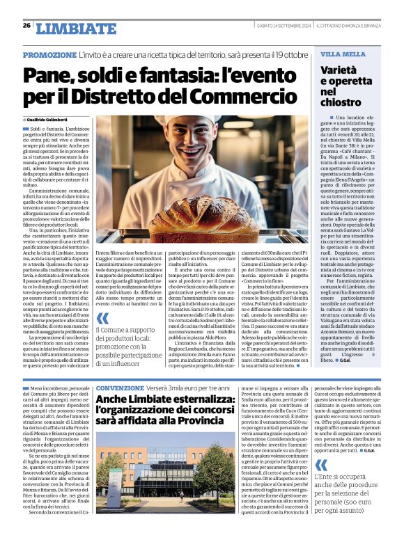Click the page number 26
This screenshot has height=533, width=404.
26,26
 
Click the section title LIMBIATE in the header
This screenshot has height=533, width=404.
76,29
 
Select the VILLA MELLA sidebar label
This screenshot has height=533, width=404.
343,54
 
